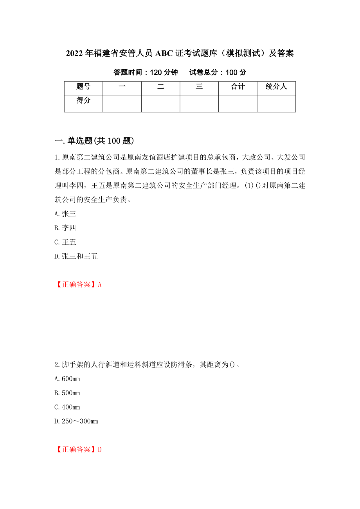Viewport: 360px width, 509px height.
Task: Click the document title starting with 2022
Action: click(180, 54)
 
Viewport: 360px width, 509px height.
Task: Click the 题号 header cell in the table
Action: click(83, 87)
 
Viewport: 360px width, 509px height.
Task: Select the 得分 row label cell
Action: click(83, 101)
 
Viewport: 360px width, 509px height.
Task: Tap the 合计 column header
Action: click(238, 87)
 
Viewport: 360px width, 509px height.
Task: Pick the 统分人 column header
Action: click(276, 87)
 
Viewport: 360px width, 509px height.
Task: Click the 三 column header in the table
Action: click(199, 87)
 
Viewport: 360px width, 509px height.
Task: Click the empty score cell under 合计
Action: click(238, 104)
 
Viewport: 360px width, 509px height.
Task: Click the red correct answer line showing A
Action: click(78, 285)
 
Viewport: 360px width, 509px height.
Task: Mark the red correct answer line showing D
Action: click(78, 450)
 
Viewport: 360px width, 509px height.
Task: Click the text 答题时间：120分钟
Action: click(146, 72)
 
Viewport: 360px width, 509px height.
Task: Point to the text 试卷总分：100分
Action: click(218, 72)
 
